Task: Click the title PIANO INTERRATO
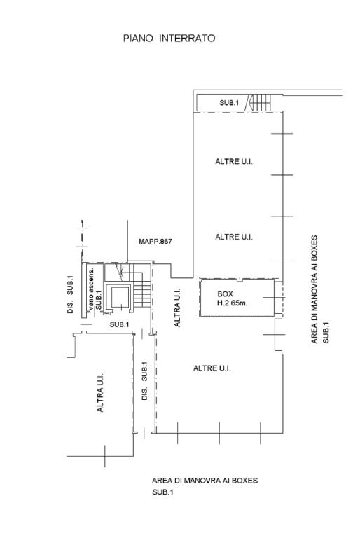[x=169, y=38]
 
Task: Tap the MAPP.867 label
[x=155, y=242]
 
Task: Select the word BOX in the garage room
[x=225, y=294]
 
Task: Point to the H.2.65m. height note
[x=233, y=303]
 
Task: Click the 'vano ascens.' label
[x=91, y=290]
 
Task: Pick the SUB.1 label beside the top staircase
[x=229, y=102]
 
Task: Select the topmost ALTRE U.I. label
[x=234, y=162]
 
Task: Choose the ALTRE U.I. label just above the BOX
[x=234, y=237]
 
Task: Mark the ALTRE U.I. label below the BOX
[x=212, y=368]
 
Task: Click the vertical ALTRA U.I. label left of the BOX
[x=177, y=308]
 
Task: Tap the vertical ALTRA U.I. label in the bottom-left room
[x=100, y=393]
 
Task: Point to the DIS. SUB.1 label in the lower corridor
[x=144, y=381]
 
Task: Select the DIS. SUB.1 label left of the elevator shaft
[x=70, y=294]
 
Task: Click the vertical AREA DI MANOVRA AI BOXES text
[x=314, y=289]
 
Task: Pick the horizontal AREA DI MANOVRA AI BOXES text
[x=205, y=481]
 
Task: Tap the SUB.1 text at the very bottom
[x=162, y=492]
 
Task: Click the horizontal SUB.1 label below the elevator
[x=119, y=324]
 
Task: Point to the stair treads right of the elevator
[x=141, y=291]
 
